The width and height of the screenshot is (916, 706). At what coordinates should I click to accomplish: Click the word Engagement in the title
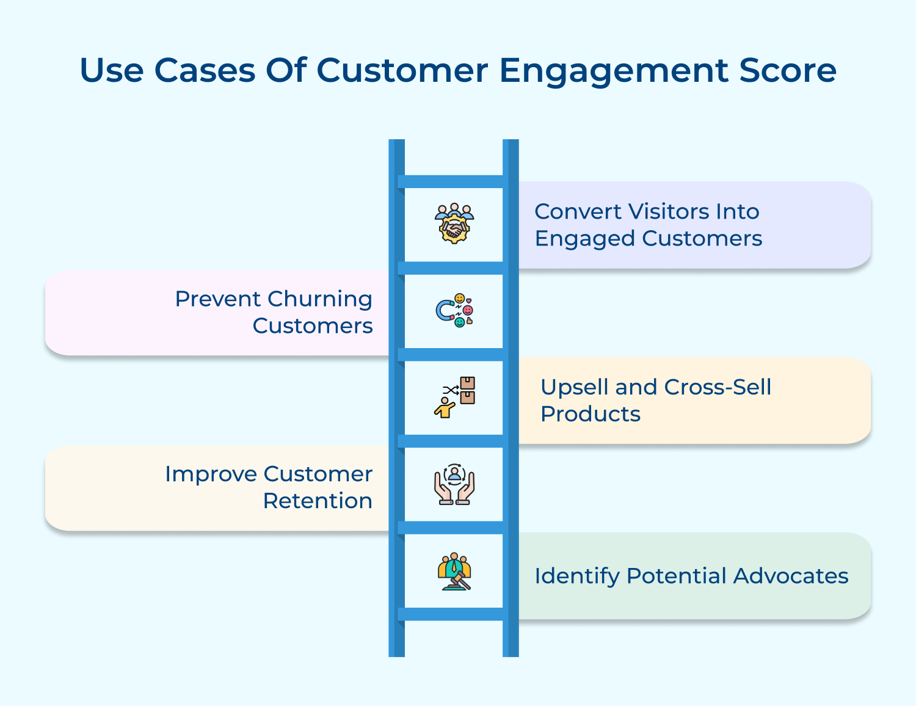[x=613, y=71]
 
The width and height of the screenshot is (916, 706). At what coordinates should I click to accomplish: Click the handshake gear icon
[x=454, y=224]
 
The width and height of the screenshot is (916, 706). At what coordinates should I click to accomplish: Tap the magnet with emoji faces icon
[x=454, y=311]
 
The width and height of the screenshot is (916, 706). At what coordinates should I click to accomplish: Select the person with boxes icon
[x=454, y=398]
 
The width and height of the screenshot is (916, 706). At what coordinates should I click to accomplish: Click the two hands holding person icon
[x=454, y=485]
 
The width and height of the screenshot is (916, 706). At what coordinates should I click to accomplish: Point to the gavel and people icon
[x=454, y=572]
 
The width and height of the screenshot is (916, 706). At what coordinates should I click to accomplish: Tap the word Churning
[x=319, y=299]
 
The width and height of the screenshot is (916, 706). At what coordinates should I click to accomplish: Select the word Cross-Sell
[x=718, y=387]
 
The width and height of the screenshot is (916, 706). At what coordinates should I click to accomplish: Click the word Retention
[x=318, y=501]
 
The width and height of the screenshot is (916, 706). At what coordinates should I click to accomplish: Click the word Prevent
[x=218, y=299]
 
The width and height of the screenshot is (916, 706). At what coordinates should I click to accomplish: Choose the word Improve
[x=211, y=475]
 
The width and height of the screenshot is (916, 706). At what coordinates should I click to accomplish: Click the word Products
[x=591, y=414]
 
